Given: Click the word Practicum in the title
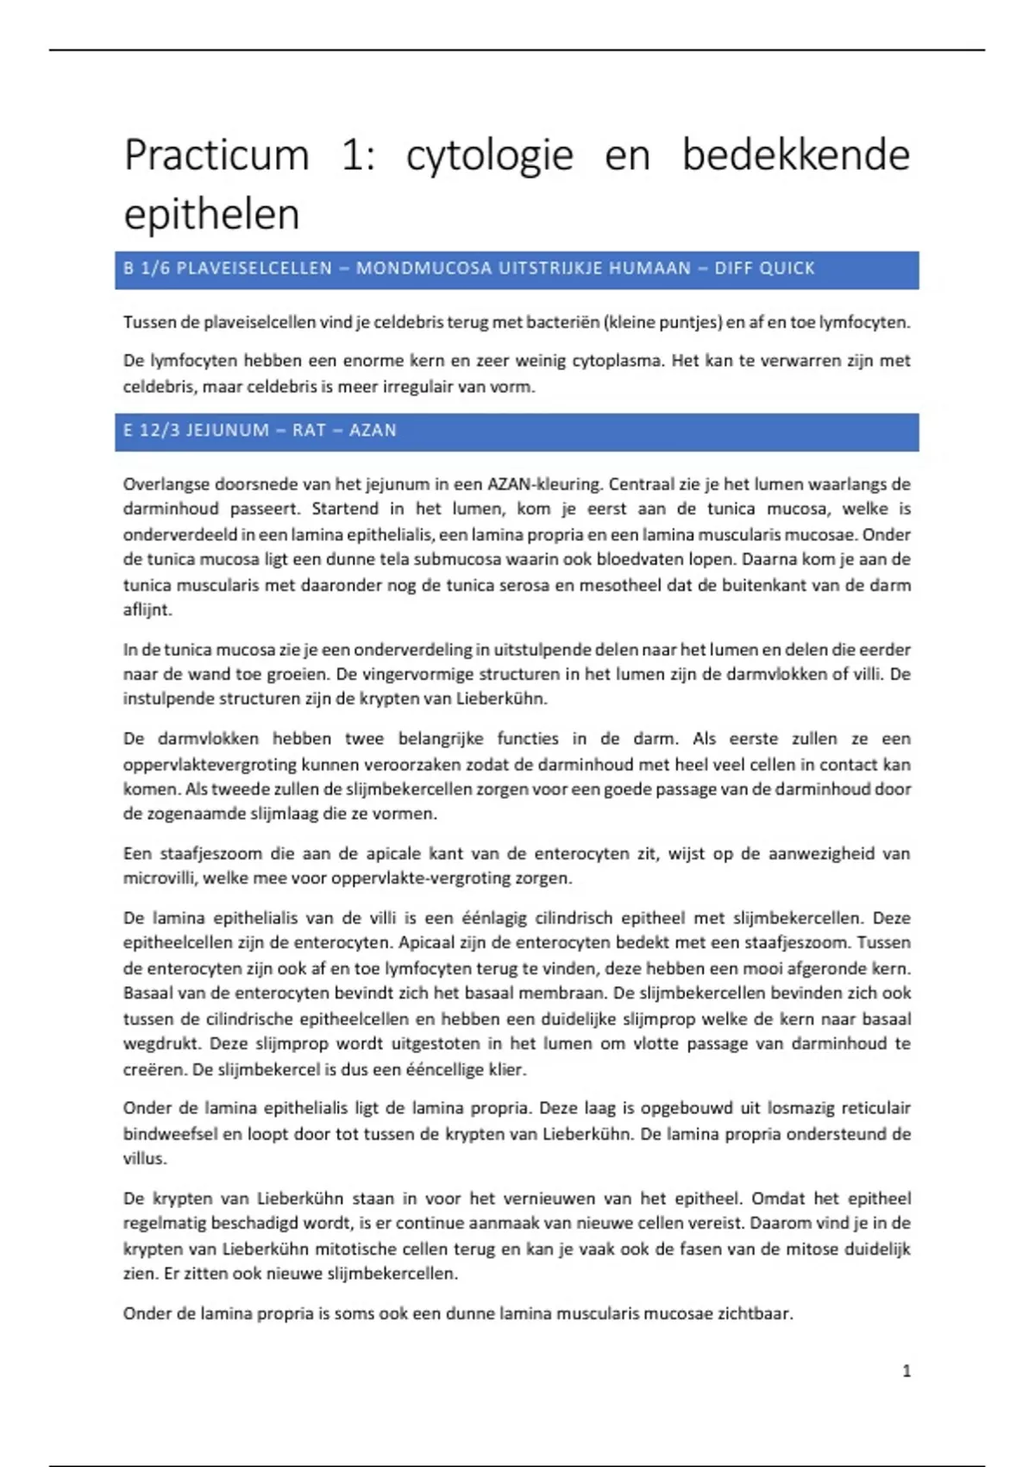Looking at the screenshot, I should [216, 156].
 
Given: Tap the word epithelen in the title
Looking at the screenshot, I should [211, 214].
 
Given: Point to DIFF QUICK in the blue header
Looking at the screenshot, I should [764, 268].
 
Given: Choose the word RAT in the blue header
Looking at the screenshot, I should [309, 431].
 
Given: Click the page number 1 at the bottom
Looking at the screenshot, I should [906, 1371].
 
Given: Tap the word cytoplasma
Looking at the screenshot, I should [616, 361].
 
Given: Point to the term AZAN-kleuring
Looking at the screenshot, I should [542, 484].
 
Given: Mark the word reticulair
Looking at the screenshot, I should [875, 1108].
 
